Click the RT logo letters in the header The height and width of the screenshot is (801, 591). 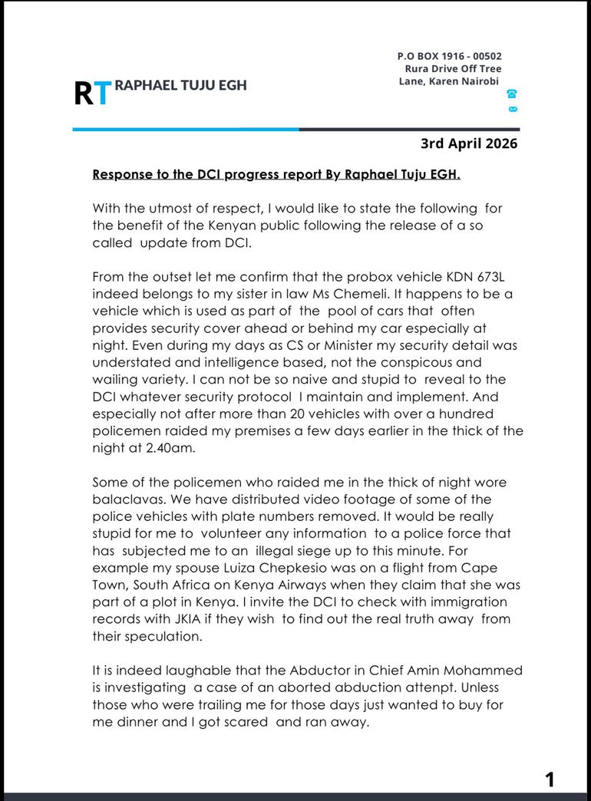[92, 92]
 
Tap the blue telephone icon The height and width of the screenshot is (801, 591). [512, 94]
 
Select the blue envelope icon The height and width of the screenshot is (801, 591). [512, 110]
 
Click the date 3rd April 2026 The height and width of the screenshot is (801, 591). [469, 143]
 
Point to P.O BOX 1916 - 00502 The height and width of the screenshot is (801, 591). [450, 56]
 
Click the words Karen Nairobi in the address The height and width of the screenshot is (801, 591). [470, 81]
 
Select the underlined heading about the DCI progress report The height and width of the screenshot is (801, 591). [276, 174]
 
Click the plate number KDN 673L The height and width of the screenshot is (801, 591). [470, 275]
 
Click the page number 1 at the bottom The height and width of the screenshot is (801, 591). [549, 780]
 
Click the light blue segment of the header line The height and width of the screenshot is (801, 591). [185, 129]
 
